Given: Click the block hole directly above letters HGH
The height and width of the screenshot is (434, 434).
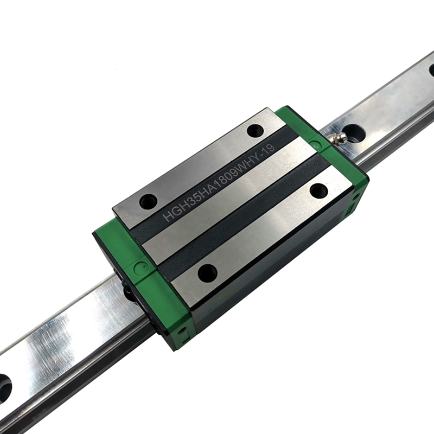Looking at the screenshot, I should click(x=148, y=201).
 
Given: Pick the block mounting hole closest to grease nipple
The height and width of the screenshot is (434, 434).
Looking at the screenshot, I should click(x=255, y=130).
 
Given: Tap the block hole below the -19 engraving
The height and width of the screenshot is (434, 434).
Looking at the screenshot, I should click(x=318, y=190).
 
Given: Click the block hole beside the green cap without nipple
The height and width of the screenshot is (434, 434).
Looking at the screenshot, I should click(x=207, y=272).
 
